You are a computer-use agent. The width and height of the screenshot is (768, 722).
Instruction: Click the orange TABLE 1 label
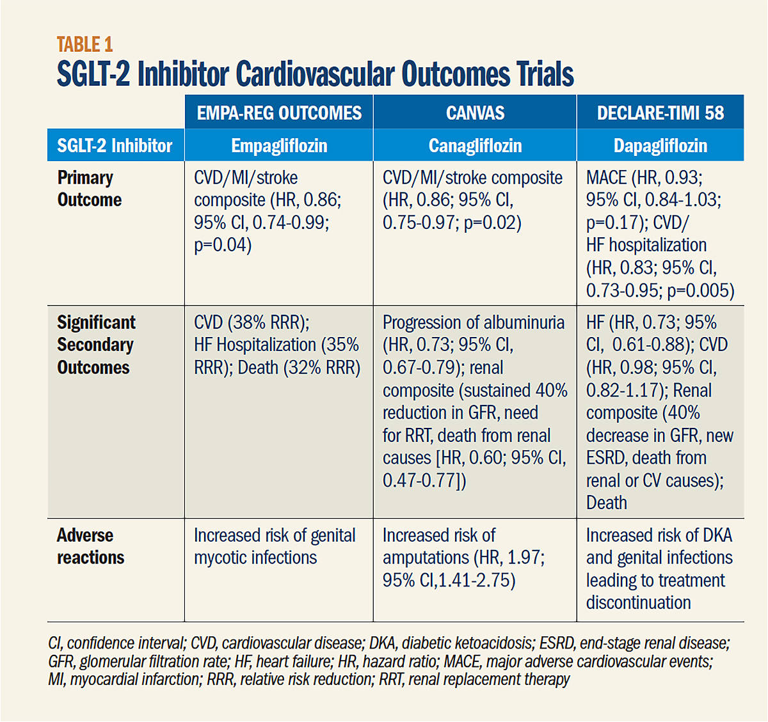point(84,44)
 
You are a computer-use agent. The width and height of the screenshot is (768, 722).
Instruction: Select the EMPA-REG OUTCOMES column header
point(279,113)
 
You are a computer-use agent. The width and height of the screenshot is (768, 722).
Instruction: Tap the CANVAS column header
point(475,113)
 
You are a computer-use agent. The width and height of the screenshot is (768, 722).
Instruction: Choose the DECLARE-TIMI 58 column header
point(660,113)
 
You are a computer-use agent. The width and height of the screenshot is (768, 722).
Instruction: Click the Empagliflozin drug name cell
point(279,146)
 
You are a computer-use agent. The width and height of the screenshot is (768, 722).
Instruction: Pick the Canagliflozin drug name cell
point(475,146)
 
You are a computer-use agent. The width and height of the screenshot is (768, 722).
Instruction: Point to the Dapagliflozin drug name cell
point(660,146)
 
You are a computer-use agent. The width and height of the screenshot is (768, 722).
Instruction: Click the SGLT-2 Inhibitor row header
point(115,146)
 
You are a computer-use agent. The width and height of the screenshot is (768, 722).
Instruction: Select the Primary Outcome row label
point(89,189)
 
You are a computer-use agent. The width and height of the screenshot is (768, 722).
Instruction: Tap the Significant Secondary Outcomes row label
point(96,345)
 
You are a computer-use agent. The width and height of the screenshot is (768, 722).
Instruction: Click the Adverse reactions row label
point(90,546)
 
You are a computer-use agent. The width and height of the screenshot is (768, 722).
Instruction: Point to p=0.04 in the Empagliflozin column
point(223,245)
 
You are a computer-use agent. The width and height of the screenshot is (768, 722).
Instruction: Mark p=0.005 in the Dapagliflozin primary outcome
point(701,290)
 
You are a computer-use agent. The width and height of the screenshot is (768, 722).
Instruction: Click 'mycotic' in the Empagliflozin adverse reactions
point(224,558)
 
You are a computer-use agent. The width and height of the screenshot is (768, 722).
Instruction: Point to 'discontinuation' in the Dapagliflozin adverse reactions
point(638,602)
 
